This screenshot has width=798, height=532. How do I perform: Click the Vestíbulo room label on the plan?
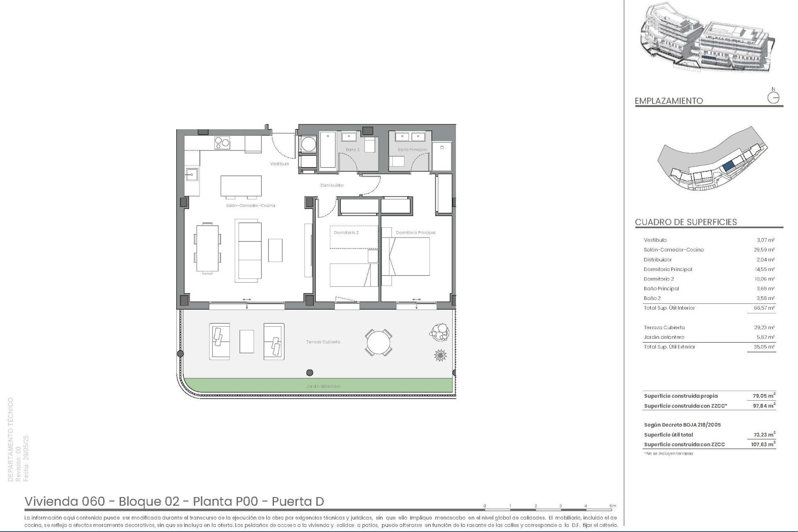[x=279, y=164]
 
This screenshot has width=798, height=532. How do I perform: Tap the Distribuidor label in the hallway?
[x=332, y=185]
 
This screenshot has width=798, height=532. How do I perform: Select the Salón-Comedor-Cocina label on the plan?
[x=250, y=205]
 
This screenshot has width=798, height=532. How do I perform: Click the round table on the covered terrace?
[x=378, y=342]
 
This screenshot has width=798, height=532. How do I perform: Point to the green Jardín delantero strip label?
[x=323, y=386]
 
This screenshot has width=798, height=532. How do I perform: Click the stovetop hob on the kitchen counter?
[x=222, y=143]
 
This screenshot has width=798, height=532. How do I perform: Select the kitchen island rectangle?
[x=241, y=186]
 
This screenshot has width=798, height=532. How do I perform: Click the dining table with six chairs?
[x=207, y=248]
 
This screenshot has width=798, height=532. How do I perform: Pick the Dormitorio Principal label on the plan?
[x=416, y=233]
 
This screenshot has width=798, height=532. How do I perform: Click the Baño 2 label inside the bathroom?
[x=352, y=150]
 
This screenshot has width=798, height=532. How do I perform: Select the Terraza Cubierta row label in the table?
[x=664, y=328]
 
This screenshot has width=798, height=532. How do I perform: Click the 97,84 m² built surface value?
[x=764, y=406]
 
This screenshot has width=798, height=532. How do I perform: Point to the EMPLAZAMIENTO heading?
[x=669, y=101]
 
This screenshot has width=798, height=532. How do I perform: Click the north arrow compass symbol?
[x=773, y=98]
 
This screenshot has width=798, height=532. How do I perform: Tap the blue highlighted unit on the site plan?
[x=728, y=167]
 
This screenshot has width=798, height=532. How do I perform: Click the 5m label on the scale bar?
[x=613, y=506]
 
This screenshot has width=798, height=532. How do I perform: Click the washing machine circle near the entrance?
[x=308, y=145]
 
